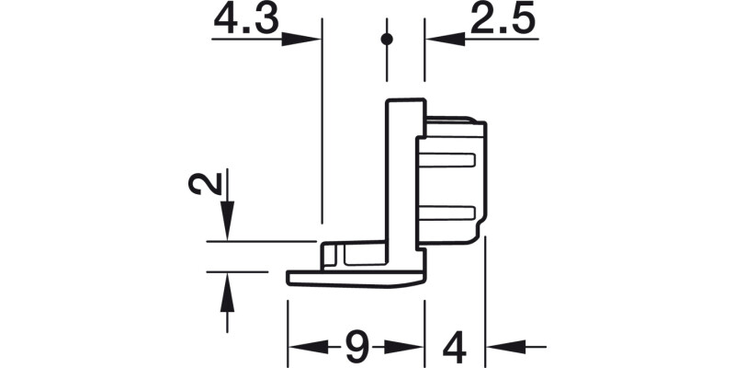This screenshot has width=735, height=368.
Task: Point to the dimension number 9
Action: coord(356,347)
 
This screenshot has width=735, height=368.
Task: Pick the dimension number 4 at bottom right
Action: coord(454,347)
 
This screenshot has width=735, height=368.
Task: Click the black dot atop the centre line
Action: coord(387,39)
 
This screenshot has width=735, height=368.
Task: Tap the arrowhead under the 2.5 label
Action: coord(440,40)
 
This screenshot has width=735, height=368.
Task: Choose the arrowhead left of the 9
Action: coord(304,347)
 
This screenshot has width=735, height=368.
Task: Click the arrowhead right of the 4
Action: coord(501,347)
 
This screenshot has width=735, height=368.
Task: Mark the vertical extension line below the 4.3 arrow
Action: coord(321,138)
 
